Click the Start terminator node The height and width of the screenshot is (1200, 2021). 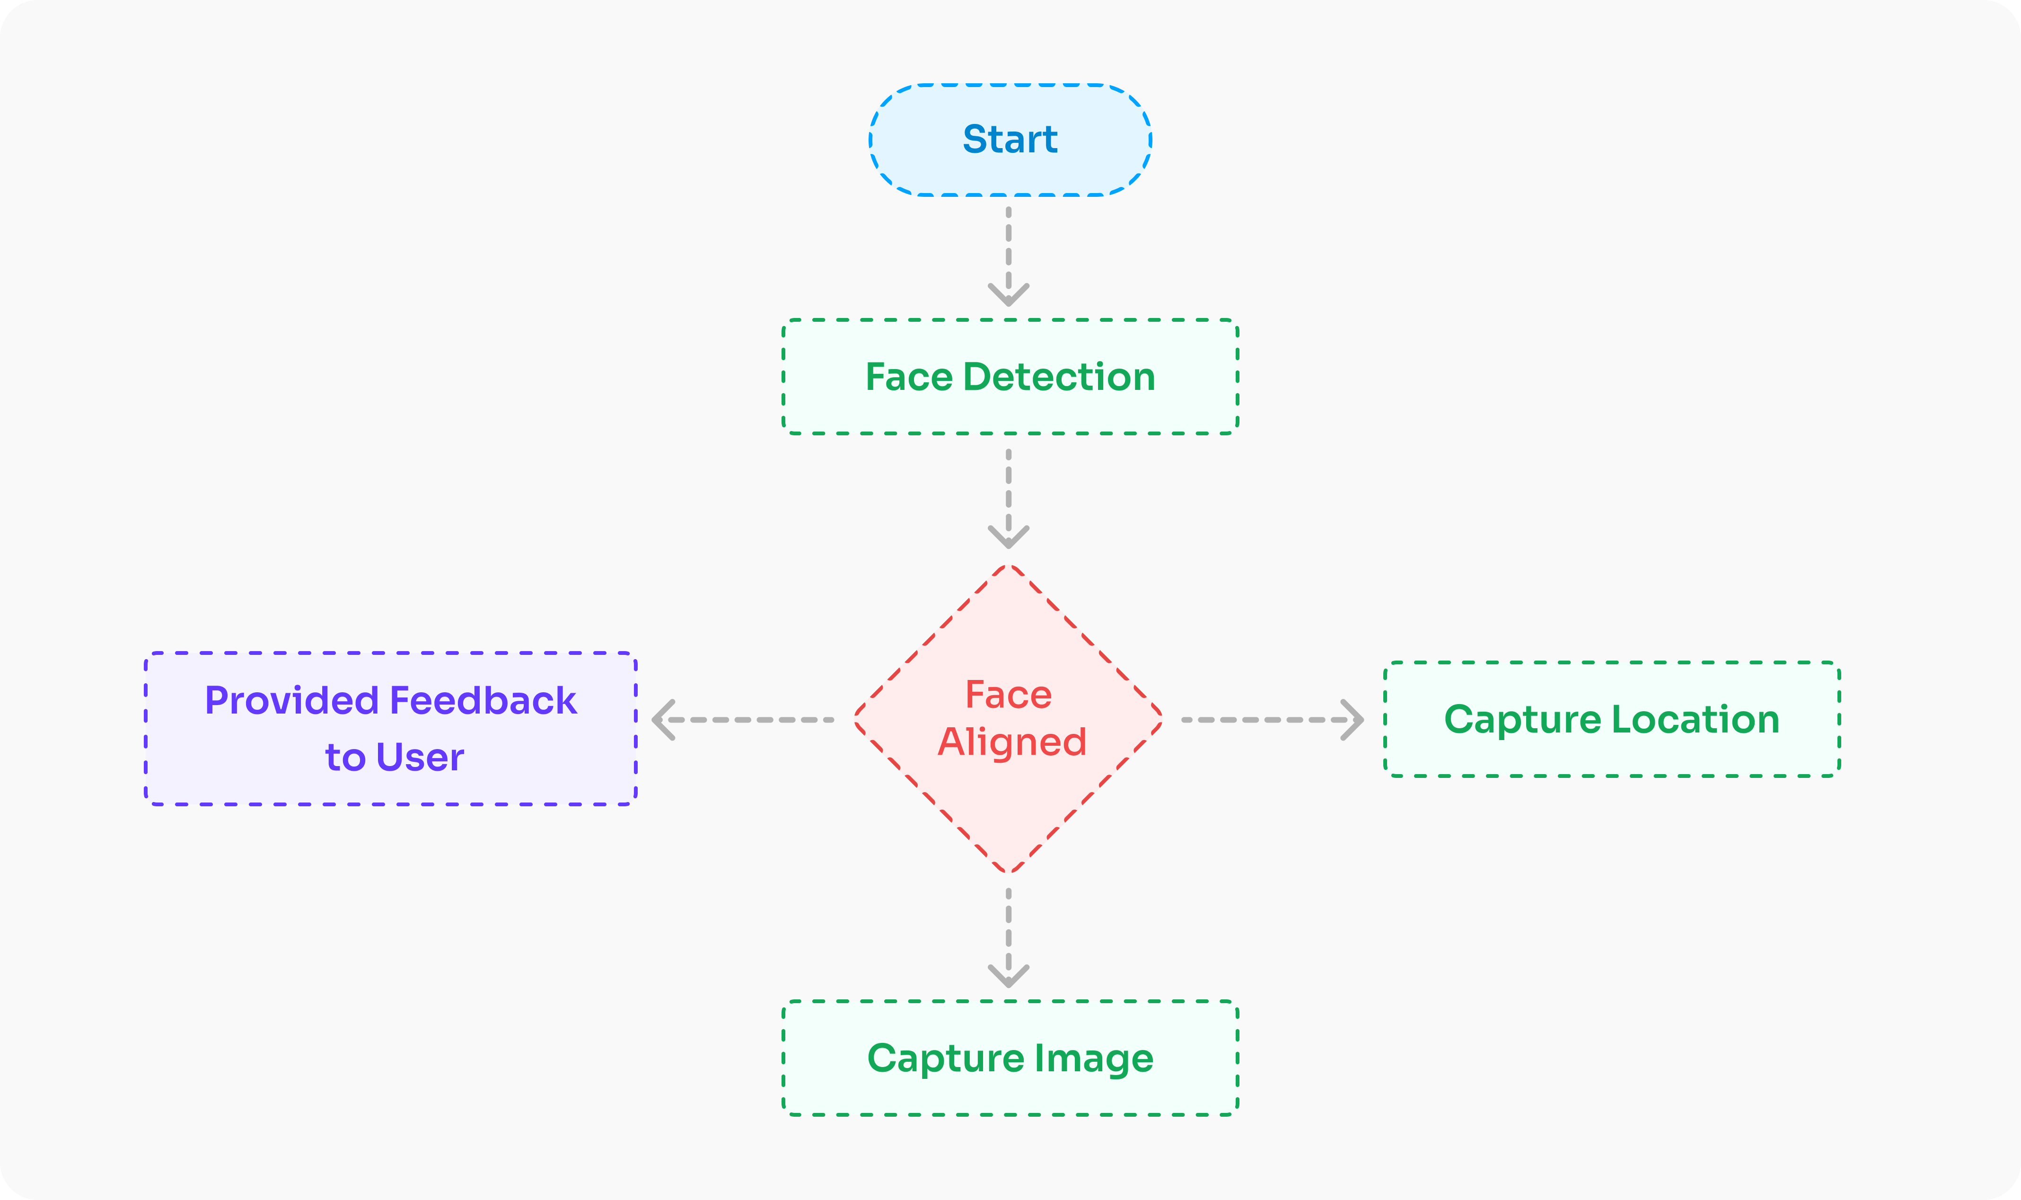[1010, 140]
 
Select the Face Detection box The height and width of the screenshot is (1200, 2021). [1010, 377]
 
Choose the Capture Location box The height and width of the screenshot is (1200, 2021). [1611, 719]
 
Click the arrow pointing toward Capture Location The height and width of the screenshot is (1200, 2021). [1271, 719]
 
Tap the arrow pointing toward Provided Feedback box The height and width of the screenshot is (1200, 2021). [744, 719]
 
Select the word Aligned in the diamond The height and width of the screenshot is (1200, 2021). [1011, 741]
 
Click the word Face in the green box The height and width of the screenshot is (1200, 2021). [909, 377]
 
